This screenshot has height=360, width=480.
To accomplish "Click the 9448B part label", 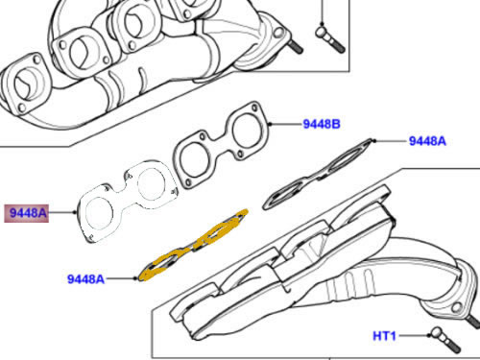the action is tap(322, 124).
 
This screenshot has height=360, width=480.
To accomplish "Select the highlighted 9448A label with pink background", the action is tap(27, 213).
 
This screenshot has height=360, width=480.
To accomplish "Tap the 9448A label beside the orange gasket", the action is tap(85, 279).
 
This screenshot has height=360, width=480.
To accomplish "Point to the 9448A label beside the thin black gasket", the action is tap(427, 141).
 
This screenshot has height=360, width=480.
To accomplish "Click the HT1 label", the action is tap(385, 336).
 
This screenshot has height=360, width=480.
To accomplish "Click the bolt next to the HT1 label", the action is tap(445, 340).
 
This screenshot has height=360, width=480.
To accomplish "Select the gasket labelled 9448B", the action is tap(222, 144).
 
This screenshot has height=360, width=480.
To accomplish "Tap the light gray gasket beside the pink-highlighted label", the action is tap(128, 201).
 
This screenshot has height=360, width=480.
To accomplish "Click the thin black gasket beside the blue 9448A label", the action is tap(319, 174).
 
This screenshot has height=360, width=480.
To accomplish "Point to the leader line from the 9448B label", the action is tap(285, 124).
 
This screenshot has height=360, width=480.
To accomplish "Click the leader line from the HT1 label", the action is tap(414, 335).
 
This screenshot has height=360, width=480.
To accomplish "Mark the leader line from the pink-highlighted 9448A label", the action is tap(62, 212).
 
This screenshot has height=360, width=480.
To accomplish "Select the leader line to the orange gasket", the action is tap(121, 278).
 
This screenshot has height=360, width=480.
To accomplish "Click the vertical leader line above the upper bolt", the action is tap(322, 12).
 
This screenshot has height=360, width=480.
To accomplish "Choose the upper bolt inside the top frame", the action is tap(330, 39).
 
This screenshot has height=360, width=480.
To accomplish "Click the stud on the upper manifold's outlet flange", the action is tap(296, 47).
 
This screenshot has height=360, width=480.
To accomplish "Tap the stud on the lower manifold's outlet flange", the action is tap(473, 321).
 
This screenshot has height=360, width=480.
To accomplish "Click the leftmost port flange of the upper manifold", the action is tap(26, 84).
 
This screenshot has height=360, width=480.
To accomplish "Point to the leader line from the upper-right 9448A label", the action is tap(391, 141).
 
